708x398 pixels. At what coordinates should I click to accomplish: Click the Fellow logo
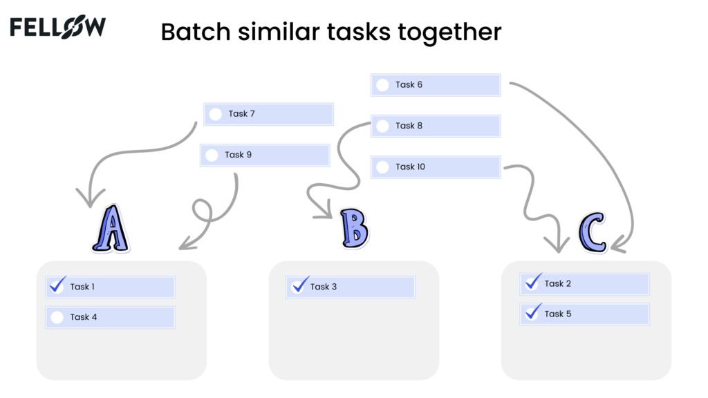(58, 27)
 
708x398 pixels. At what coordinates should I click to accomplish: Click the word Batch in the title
(196, 32)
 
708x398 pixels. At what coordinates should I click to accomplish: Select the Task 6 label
(409, 85)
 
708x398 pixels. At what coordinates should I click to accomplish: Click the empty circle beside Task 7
(216, 114)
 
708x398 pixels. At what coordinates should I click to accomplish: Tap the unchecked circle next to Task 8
(382, 126)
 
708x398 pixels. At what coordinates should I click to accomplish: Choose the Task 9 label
(238, 155)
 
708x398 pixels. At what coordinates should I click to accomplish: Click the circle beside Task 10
(382, 167)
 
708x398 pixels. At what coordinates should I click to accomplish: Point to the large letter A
(111, 228)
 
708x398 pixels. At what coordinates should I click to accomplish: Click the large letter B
(355, 228)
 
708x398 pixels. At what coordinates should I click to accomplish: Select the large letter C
(593, 232)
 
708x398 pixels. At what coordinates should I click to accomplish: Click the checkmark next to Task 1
(58, 284)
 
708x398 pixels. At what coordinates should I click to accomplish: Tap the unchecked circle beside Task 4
(57, 317)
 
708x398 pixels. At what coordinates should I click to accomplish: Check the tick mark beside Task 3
(300, 284)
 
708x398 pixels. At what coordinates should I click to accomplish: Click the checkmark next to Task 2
(533, 281)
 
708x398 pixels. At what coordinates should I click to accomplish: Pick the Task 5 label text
(558, 314)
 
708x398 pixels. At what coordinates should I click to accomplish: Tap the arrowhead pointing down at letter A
(91, 198)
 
